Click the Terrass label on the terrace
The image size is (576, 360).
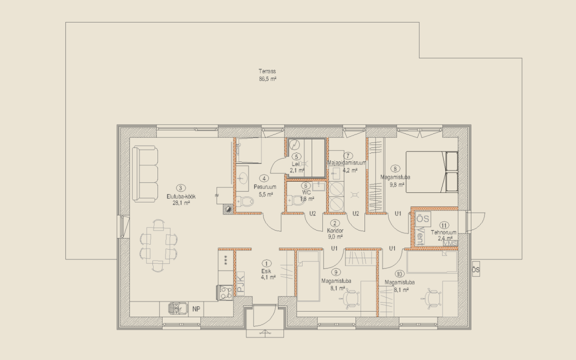tap(267, 71)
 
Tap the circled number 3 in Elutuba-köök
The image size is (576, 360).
tap(180, 188)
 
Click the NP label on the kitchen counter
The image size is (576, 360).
tap(196, 309)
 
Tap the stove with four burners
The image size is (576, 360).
tap(225, 292)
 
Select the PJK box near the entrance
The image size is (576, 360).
tap(240, 282)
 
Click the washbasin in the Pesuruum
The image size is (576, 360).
tap(243, 178)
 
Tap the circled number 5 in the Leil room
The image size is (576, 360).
tap(296, 156)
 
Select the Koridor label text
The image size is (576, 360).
tap(335, 231)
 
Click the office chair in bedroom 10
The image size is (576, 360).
tap(433, 296)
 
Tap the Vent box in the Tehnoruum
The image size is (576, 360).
tap(422, 234)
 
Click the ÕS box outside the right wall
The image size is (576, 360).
tap(475, 270)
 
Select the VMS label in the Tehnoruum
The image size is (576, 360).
tap(451, 243)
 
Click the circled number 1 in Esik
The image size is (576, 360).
tap(266, 263)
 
